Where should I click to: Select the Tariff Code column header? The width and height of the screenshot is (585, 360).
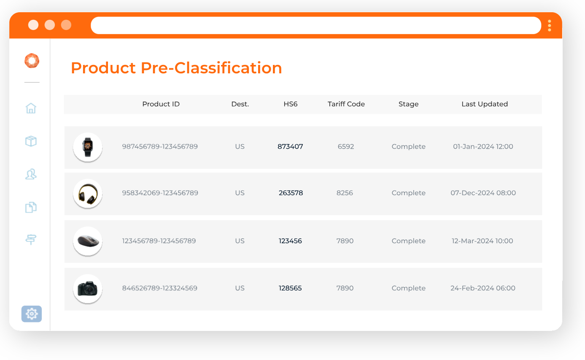[x=346, y=104]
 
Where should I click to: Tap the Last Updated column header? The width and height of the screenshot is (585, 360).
[x=484, y=104]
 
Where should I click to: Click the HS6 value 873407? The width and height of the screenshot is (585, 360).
[x=290, y=147]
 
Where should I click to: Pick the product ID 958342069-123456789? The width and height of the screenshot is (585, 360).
[x=160, y=193]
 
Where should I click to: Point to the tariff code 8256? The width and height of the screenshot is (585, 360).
[x=345, y=193]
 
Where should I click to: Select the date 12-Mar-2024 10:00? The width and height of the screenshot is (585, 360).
[x=482, y=241]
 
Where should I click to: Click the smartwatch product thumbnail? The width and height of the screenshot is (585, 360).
[x=88, y=147]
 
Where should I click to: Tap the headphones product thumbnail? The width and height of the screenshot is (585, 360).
[x=88, y=193]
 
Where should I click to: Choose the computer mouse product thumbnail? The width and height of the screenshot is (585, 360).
[x=88, y=241]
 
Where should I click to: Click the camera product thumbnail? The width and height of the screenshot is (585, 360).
[x=88, y=289]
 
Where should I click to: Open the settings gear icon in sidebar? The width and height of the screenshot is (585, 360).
[x=32, y=314]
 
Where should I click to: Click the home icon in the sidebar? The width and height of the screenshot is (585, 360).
[x=31, y=108]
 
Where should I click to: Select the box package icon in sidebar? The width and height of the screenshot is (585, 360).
[x=31, y=141]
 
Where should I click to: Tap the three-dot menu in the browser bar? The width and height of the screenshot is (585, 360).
[x=549, y=26]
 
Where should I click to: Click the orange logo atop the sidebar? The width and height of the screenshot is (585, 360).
[x=32, y=61]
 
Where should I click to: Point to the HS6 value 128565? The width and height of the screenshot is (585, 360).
[x=290, y=288]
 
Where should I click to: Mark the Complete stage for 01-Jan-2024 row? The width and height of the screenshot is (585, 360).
[x=408, y=147]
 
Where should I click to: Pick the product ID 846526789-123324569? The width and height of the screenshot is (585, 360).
[x=159, y=288]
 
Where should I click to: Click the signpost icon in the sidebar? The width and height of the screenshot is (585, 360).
[x=31, y=239]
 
